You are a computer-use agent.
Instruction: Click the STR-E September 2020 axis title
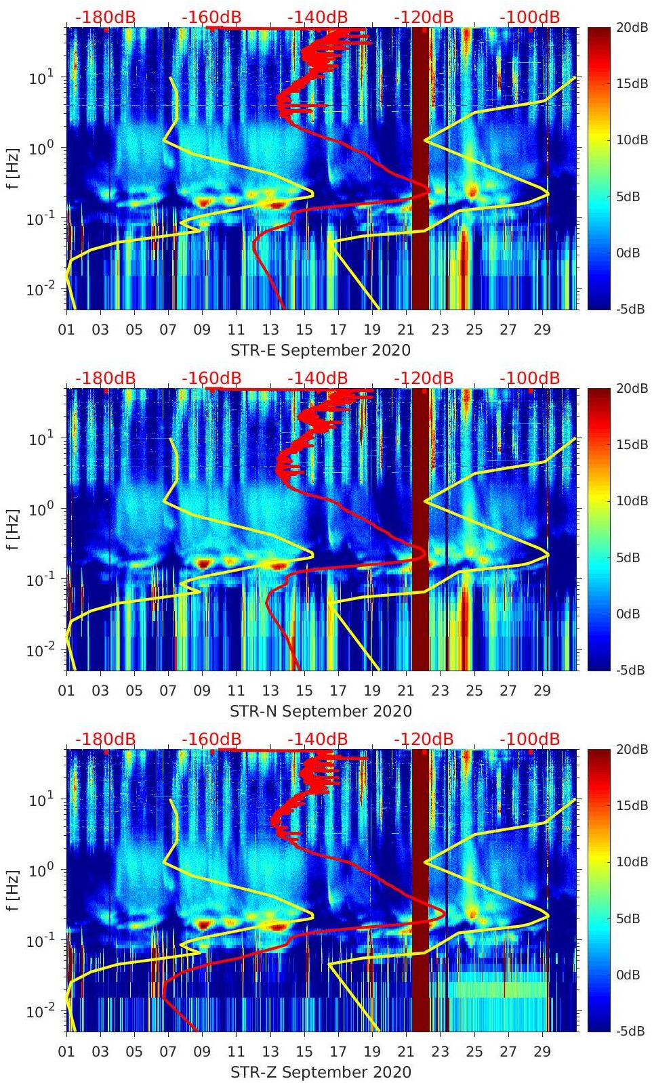321,350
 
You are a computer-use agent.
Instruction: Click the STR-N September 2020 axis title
321,711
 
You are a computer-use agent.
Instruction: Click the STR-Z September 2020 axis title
321,1072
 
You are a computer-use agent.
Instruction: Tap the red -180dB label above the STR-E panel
105,17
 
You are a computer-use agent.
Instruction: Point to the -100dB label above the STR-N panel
530,378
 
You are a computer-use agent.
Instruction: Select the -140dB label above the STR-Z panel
318,739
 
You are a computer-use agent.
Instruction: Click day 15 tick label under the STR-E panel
304,330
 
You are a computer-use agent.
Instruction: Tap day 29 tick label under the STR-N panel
542,691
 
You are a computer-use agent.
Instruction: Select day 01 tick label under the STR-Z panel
66,1052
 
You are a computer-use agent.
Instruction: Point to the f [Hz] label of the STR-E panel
13,168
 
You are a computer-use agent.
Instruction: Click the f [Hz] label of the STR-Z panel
13,890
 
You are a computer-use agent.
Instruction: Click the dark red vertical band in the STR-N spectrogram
421,528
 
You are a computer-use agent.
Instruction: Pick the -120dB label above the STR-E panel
424,17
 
